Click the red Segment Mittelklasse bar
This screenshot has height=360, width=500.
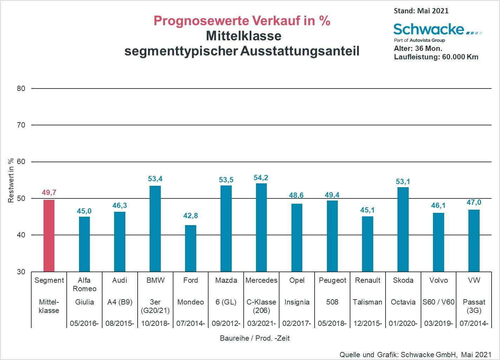point(49,236)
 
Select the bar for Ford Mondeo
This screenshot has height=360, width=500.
point(190,248)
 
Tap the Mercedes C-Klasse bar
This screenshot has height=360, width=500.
point(261,228)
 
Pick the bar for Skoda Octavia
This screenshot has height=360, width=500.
point(403,229)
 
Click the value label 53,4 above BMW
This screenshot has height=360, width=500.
point(155,179)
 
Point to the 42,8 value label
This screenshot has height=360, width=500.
point(190,216)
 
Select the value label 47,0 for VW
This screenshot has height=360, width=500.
point(474,203)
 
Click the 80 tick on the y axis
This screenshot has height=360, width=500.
point(21,89)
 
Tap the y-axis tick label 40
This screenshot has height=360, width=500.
point(21,235)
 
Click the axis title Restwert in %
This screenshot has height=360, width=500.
point(11,180)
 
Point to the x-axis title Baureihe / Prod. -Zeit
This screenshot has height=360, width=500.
point(255,338)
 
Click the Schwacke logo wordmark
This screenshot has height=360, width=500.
point(429,29)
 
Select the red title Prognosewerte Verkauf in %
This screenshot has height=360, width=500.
point(242,21)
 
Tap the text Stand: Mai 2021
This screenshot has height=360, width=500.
point(421,11)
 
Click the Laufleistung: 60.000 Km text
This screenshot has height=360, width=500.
point(436,57)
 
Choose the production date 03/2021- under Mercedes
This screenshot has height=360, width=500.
point(261,323)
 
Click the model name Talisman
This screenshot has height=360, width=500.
point(367,302)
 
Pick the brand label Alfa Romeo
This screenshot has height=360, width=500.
point(84,284)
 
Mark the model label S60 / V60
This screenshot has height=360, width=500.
point(438,302)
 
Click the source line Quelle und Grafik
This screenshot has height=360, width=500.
point(415,354)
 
